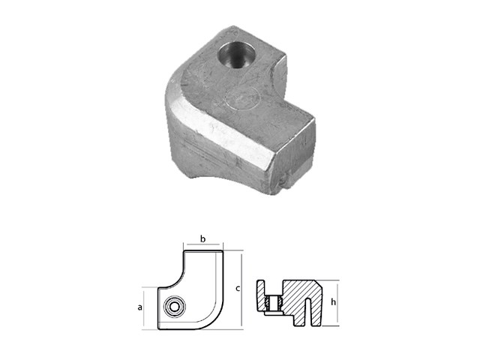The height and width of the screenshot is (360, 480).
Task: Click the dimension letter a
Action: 140,307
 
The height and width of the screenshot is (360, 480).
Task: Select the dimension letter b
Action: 202,238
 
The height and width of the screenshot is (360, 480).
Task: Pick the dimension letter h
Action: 334,304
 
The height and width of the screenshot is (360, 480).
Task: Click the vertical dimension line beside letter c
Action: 241,289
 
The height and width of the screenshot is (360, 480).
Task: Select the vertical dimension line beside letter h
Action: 327,304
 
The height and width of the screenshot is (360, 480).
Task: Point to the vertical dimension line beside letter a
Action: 148,307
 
